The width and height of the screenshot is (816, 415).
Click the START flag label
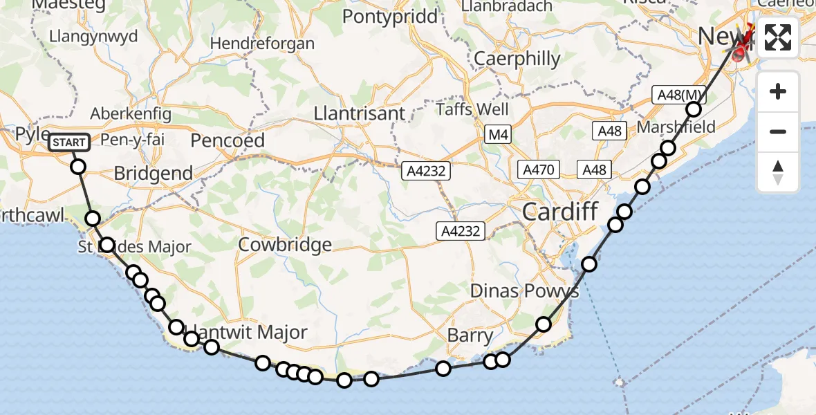[69, 142]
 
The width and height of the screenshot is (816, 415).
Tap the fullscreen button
[778, 37]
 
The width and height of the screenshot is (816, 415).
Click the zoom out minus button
[778, 131]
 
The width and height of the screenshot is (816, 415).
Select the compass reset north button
[778, 172]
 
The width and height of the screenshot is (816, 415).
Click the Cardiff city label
[559, 212]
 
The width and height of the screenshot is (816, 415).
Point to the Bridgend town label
[154, 173]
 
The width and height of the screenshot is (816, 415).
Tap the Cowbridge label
[285, 245]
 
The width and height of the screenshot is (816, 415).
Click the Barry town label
[470, 337]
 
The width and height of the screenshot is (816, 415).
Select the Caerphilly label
[517, 59]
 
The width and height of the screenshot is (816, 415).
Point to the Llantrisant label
[360, 112]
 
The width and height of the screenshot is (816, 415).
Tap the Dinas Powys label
[524, 290]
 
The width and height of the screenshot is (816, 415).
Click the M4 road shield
[497, 135]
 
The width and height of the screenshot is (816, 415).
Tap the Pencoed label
[228, 140]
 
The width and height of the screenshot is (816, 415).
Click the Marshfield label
[669, 128]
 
